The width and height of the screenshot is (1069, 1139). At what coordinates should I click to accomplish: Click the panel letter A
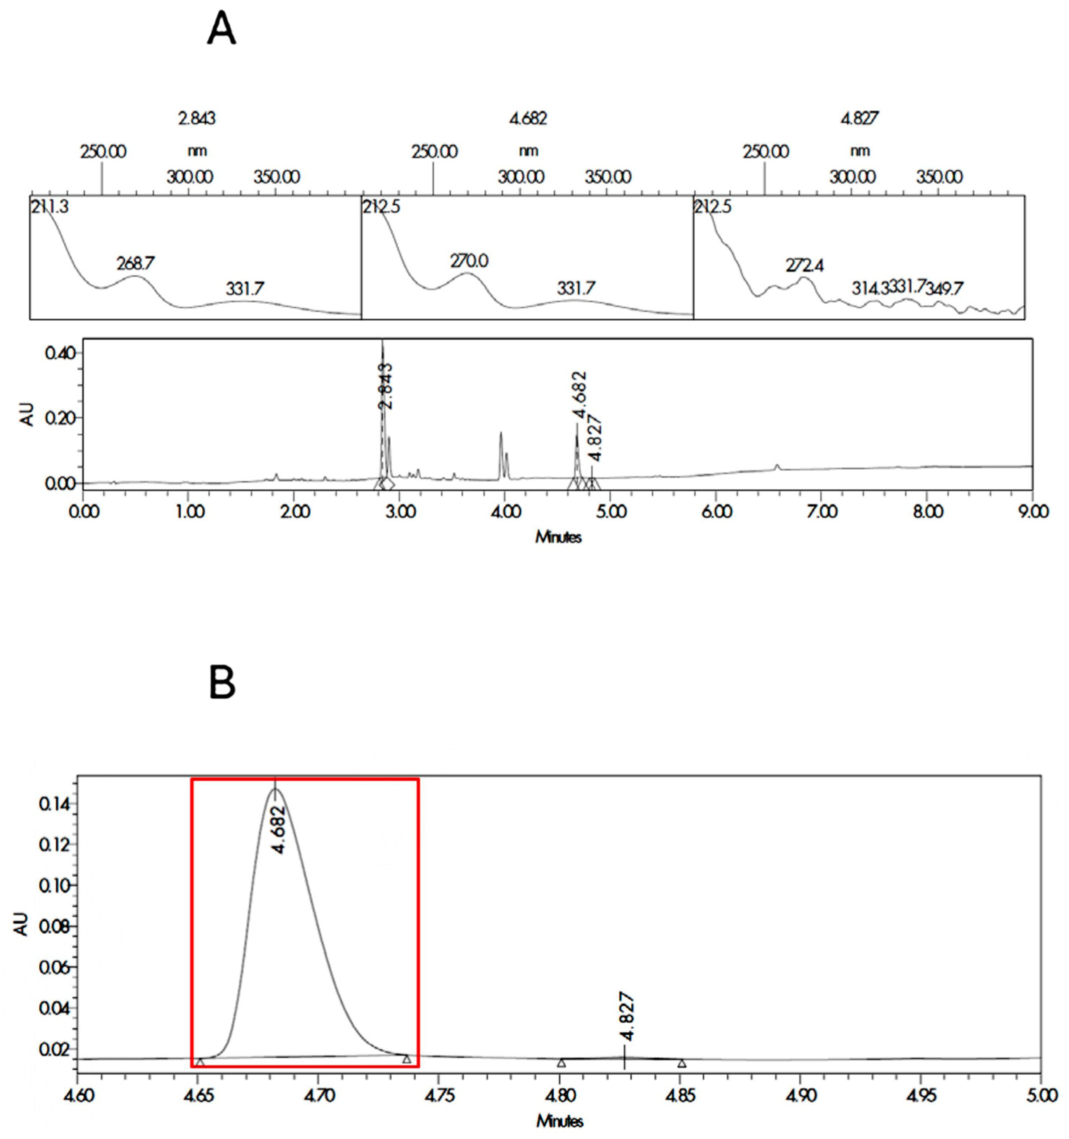[x=221, y=30]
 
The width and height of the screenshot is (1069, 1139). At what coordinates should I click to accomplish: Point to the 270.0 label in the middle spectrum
[x=469, y=262]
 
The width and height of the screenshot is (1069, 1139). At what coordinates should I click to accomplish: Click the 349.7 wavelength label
[x=944, y=289]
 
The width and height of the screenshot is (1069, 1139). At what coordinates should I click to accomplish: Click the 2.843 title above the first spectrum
[x=197, y=119]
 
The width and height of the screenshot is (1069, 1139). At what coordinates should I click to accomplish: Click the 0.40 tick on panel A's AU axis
[x=60, y=352]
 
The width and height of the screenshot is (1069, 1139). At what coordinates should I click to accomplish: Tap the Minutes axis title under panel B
[x=559, y=1121]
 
